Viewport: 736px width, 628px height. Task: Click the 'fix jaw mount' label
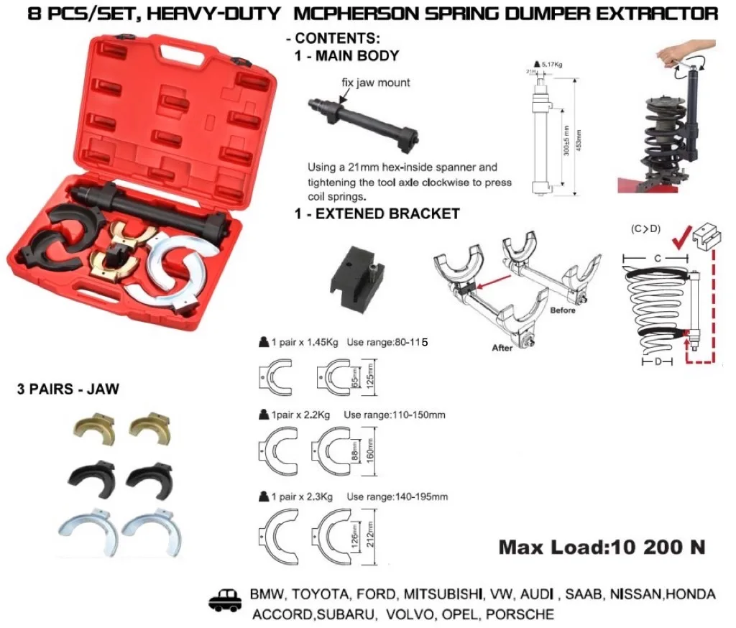click(x=376, y=83)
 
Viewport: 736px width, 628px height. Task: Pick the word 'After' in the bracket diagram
click(x=502, y=348)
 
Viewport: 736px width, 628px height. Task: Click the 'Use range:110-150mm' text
click(x=395, y=415)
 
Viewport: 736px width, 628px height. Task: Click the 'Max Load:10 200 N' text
click(x=601, y=547)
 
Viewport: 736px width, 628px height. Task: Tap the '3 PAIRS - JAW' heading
click(x=68, y=389)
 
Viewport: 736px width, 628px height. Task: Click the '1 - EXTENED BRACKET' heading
click(x=377, y=214)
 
